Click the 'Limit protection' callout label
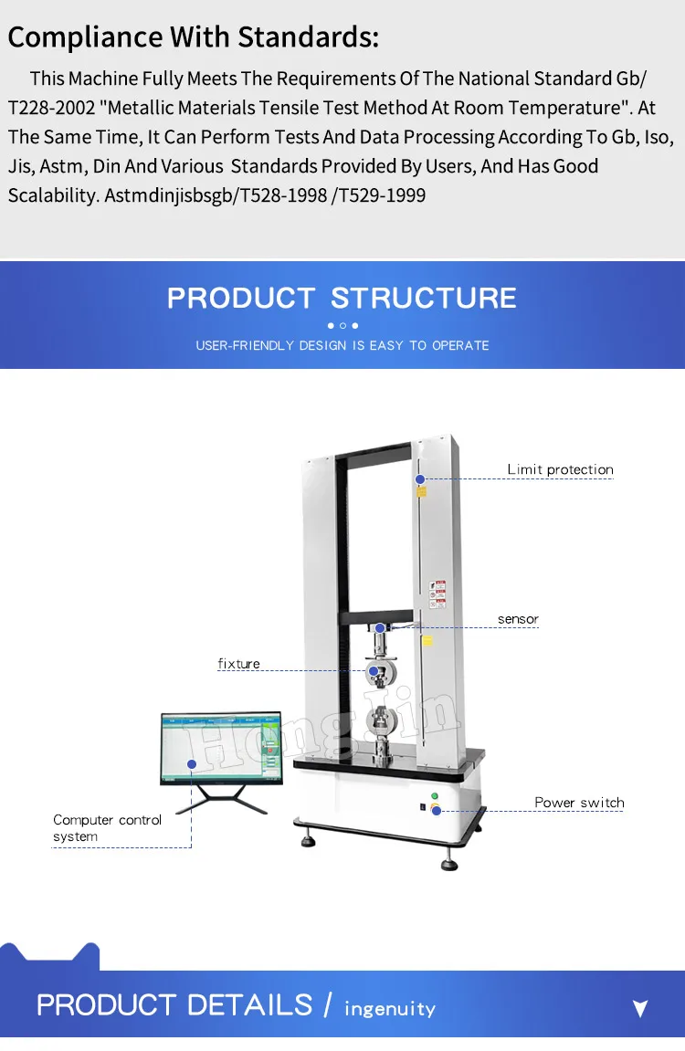(560, 469)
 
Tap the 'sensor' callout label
(518, 619)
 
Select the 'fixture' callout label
(238, 664)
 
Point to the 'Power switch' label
(579, 803)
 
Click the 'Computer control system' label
(107, 828)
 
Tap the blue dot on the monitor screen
(192, 763)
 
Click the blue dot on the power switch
(437, 810)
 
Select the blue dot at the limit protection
(419, 478)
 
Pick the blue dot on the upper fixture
(374, 671)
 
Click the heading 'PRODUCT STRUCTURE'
(342, 298)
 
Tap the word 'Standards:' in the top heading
(308, 37)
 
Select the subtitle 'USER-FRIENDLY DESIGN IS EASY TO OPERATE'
(342, 345)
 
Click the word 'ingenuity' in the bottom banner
(389, 1009)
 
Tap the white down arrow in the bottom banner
(640, 1008)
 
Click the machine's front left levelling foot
(306, 836)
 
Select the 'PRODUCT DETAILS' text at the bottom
(174, 1005)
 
